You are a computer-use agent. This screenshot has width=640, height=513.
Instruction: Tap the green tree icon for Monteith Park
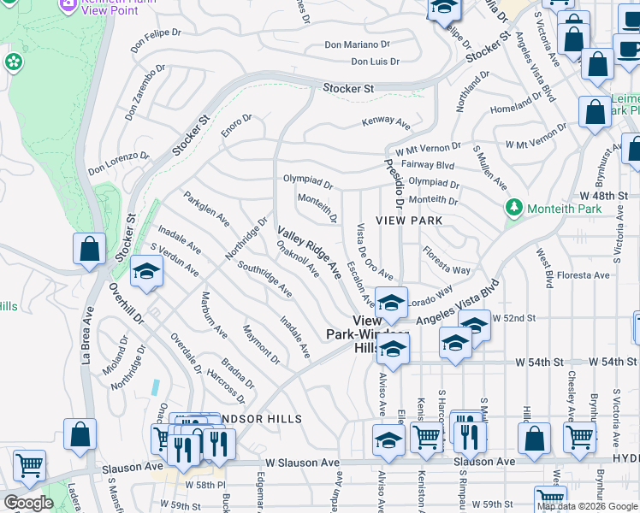coord(514,207)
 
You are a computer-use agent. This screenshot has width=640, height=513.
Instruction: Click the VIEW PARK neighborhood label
coord(414,221)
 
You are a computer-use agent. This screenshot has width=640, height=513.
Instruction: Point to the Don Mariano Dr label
coord(357,45)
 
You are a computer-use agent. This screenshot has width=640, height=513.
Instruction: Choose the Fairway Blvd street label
coord(431,164)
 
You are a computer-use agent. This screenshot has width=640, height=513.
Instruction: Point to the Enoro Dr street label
coord(236,127)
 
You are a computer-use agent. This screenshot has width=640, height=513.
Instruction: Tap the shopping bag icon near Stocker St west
coord(89,249)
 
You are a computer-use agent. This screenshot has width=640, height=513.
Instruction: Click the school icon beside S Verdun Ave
coord(146,272)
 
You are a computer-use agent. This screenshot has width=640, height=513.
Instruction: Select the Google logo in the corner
coord(28,503)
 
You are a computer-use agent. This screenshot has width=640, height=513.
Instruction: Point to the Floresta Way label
coord(446,261)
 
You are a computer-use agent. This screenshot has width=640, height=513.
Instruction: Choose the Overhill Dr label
coord(126,303)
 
